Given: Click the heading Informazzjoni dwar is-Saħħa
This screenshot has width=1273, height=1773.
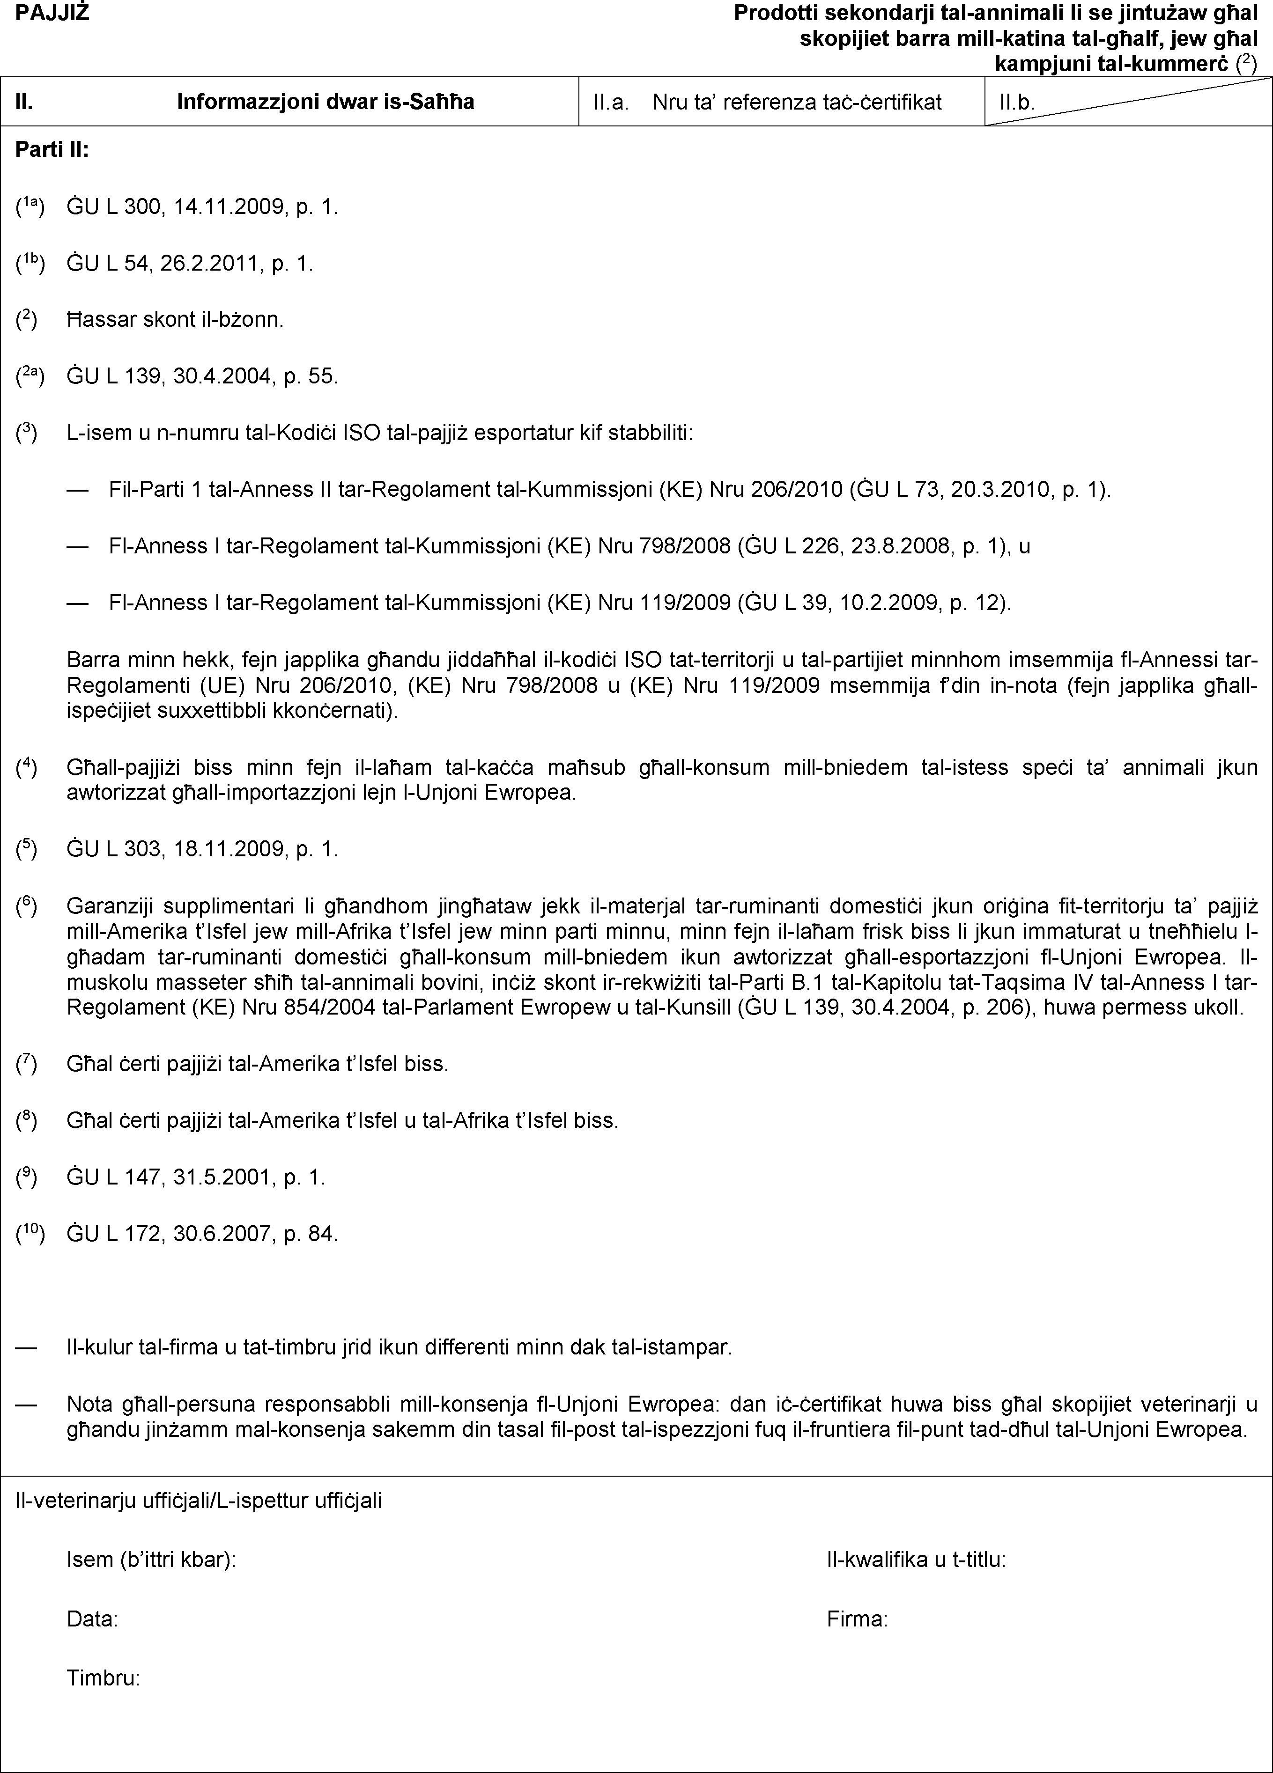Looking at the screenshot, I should pos(326,102).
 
